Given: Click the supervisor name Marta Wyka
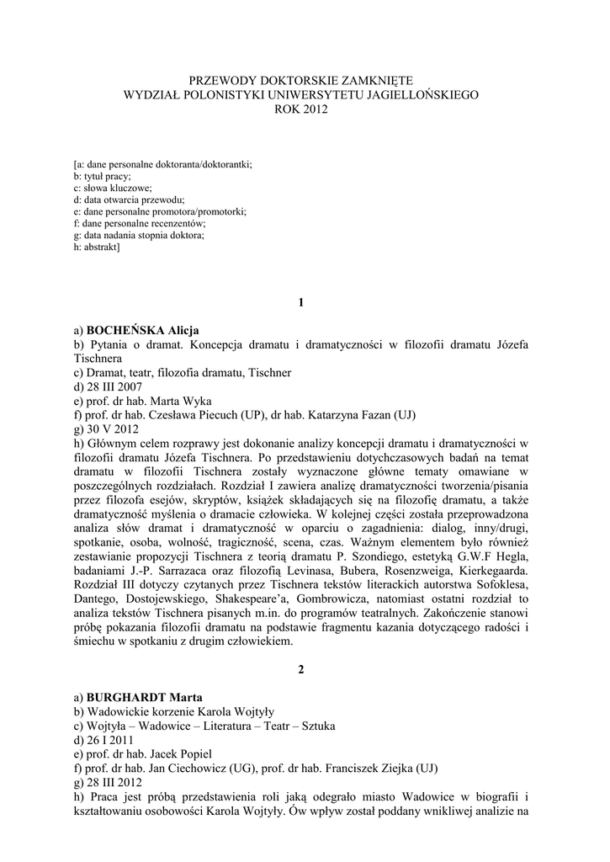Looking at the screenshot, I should tap(185, 401).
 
